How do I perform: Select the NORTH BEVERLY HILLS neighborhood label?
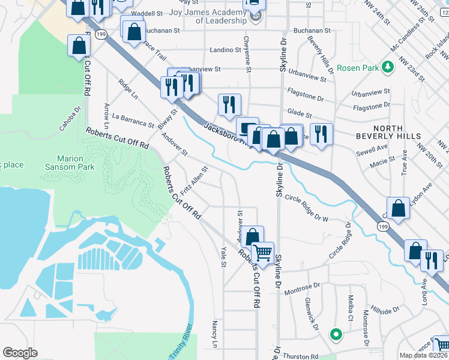[405, 132]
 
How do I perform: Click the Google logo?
[20, 353]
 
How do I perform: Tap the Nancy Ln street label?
[214, 334]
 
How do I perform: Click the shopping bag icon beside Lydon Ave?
[399, 209]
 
